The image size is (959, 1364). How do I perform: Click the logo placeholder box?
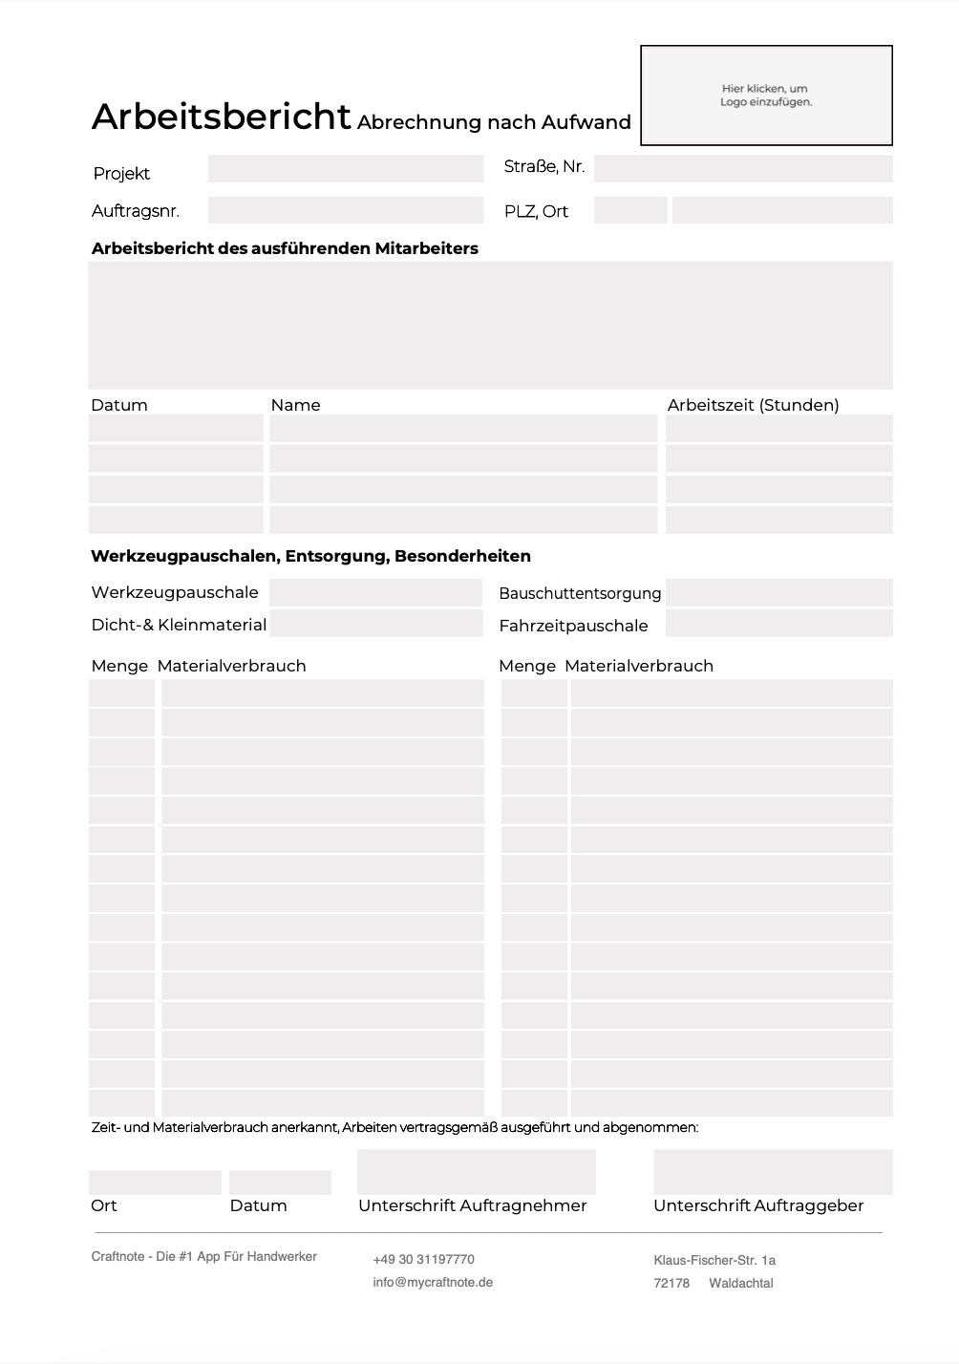click(766, 96)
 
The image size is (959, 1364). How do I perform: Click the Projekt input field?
click(346, 169)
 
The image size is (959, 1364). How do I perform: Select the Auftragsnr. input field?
click(346, 210)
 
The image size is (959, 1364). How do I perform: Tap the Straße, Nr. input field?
click(743, 169)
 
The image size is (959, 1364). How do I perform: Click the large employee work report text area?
click(490, 325)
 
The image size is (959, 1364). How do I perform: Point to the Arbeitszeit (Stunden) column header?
click(753, 405)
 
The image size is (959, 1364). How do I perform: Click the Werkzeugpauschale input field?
click(375, 592)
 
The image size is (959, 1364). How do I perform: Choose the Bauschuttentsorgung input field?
click(778, 592)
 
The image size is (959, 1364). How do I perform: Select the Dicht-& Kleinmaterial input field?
click(375, 624)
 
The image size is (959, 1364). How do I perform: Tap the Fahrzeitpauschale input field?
click(778, 624)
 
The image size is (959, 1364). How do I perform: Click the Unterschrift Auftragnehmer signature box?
click(476, 1172)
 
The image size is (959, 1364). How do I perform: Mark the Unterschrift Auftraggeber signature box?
click(773, 1172)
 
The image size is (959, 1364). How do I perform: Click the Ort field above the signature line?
click(155, 1183)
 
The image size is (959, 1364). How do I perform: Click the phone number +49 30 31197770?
click(423, 1260)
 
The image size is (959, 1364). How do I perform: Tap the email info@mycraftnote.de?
click(433, 1283)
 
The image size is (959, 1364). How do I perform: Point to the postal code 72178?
click(671, 1284)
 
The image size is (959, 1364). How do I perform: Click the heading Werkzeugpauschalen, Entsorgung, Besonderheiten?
click(310, 556)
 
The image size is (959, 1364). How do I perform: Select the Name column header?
click(295, 405)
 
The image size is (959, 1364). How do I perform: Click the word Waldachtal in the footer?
click(741, 1284)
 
